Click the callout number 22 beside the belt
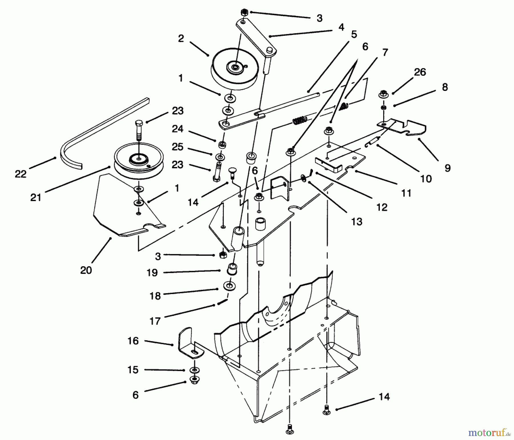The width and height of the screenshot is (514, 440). pyautogui.click(x=21, y=174)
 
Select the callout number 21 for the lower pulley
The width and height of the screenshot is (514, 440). pyautogui.click(x=36, y=197)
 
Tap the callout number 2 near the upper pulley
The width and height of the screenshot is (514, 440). pyautogui.click(x=181, y=39)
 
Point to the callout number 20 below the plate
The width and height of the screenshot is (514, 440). pyautogui.click(x=86, y=270)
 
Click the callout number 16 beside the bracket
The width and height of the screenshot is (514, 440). pyautogui.click(x=133, y=341)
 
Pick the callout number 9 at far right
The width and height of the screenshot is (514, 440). pyautogui.click(x=447, y=168)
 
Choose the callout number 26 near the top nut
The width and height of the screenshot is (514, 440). pyautogui.click(x=420, y=72)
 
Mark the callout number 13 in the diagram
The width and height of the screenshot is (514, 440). pyautogui.click(x=357, y=221)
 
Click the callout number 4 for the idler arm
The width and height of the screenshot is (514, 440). pyautogui.click(x=341, y=27)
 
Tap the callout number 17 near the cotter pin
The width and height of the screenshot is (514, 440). pyautogui.click(x=155, y=321)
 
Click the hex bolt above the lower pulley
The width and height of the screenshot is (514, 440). pyautogui.click(x=138, y=130)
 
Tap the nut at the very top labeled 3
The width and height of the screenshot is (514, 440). pyautogui.click(x=244, y=13)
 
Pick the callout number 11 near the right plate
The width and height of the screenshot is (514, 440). pyautogui.click(x=406, y=193)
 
